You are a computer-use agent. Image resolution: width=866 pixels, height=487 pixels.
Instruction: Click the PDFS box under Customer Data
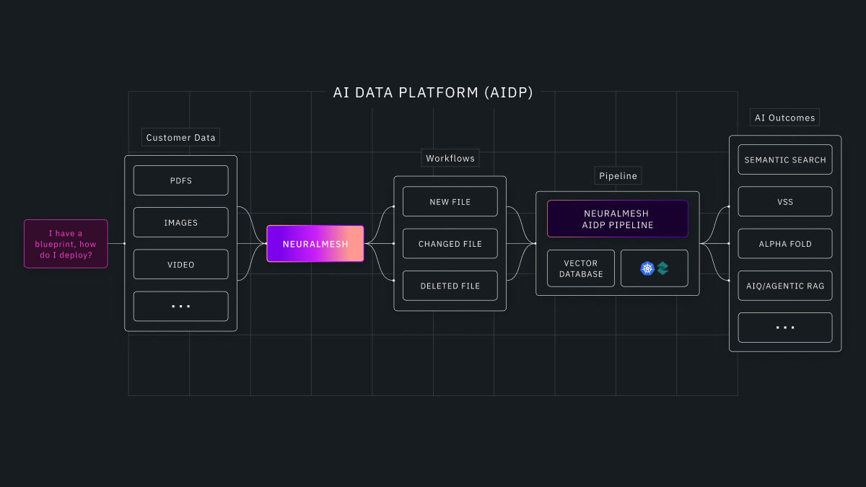180,180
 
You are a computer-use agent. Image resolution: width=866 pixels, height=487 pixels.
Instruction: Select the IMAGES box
180,223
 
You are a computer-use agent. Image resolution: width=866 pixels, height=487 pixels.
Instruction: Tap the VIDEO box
180,265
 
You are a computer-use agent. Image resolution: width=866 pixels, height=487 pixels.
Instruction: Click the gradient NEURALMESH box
315,244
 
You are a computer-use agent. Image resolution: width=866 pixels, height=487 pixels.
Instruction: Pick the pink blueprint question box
66,244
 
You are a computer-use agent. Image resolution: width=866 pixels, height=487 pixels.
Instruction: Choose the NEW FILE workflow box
450,202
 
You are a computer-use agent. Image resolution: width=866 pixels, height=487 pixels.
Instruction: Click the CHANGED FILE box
450,244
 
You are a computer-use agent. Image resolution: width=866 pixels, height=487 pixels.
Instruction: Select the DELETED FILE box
450,286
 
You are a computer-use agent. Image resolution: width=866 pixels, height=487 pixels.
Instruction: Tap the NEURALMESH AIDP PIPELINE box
617,219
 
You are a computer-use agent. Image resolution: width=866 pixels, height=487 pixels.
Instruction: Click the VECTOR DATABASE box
581,268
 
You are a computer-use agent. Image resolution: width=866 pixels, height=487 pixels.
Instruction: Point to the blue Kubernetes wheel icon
647,268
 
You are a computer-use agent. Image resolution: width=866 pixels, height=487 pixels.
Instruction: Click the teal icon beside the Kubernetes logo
662,268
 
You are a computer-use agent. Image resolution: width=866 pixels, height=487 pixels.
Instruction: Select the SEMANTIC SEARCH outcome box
784,160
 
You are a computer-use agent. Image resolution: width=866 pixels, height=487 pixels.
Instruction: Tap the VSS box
784,202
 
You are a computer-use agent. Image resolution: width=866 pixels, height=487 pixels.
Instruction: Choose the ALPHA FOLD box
784,244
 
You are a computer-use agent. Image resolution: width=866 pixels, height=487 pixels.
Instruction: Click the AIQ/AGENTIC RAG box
784,286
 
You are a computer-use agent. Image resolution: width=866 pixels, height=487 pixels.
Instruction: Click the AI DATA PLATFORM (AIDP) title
433,92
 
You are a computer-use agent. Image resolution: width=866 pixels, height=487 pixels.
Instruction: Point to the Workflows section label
450,158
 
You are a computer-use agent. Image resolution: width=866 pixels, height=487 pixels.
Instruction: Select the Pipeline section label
618,176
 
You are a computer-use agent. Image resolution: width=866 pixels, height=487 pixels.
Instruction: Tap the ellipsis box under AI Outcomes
784,328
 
